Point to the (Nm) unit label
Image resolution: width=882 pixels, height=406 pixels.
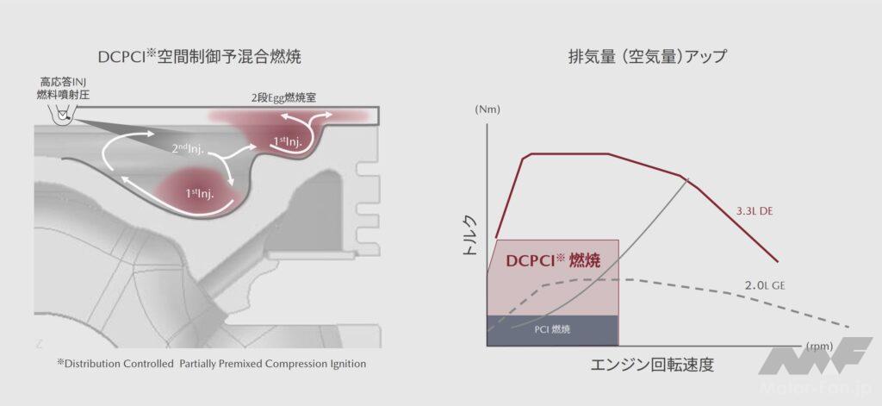click(x=487, y=110)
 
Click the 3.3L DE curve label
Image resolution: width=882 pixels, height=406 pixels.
click(x=755, y=210)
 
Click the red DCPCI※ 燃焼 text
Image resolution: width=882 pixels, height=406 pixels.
click(x=552, y=259)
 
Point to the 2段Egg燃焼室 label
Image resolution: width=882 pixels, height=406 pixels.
click(x=283, y=97)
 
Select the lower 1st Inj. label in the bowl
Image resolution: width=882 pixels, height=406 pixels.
click(x=199, y=194)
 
